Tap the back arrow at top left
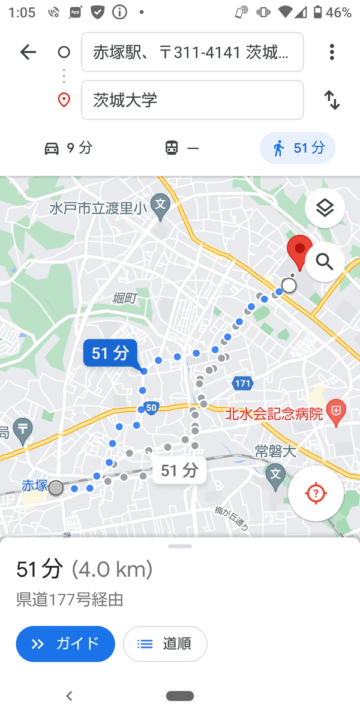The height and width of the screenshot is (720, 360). pos(28,52)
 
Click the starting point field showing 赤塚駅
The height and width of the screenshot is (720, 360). pos(192,52)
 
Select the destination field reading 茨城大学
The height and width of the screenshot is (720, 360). pos(192,100)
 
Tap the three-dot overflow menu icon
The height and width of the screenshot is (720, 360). pos(332,52)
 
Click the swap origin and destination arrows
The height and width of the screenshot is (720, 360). pos(332,100)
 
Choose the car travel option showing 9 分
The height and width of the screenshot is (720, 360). pos(68,148)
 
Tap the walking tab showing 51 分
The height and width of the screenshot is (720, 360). pos(298,148)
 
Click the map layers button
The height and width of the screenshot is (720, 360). pos(325,208)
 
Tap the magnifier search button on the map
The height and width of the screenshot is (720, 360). pos(325,262)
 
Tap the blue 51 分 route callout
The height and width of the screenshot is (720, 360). pos(110,353)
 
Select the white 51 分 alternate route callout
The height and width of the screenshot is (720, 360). pos(179,470)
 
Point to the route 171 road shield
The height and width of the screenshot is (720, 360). pos(242,383)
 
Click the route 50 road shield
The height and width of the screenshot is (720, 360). pos(151,408)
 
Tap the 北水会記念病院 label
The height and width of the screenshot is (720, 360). pos(274,413)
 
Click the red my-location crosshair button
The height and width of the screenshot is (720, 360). pos(316,493)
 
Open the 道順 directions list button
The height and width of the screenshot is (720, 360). pos(165,644)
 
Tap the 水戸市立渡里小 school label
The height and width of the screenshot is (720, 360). pos(98,208)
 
